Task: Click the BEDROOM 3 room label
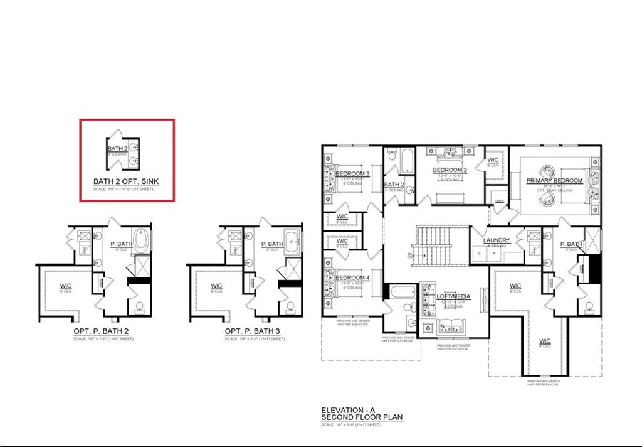point(352,174)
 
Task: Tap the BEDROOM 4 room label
point(352,278)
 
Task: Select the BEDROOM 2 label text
point(450,170)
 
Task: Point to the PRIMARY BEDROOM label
point(554,181)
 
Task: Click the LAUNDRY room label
point(497,240)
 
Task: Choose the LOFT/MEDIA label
point(454,296)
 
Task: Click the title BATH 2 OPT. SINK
point(126,181)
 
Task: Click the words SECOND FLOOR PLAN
point(362,417)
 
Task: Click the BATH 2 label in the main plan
point(394,185)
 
